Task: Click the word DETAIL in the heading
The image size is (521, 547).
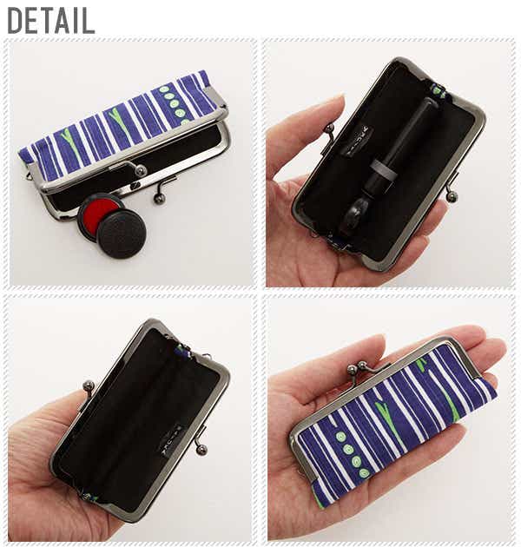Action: point(51,20)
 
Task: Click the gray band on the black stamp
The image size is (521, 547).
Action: point(382,168)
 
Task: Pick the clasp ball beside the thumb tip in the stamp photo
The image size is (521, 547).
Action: point(328,129)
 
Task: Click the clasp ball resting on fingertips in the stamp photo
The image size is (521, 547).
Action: point(452,195)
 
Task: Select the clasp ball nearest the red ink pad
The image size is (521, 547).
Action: point(157,198)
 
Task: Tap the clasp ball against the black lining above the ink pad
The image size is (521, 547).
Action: point(141,169)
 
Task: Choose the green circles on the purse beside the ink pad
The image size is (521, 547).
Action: point(174,104)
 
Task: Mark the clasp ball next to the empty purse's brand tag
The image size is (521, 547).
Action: point(201,450)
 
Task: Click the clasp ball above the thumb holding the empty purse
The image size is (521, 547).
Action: point(88,386)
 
